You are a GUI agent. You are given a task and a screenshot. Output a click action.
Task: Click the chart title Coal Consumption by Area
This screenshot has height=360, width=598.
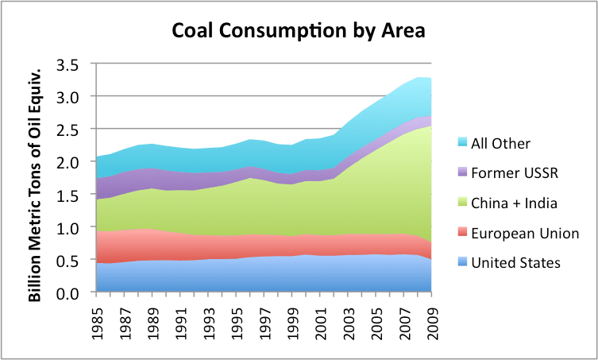pyautogui.click(x=299, y=32)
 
